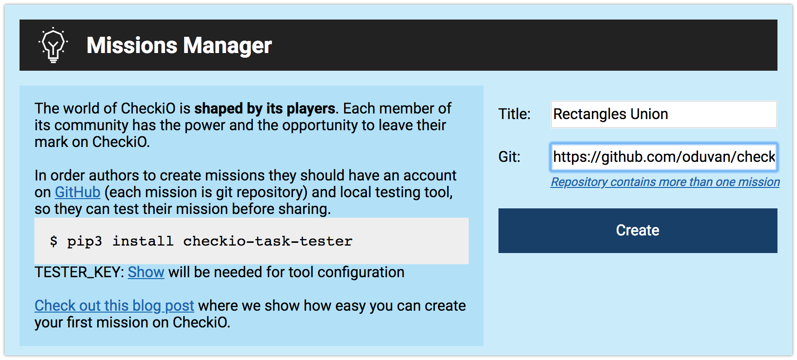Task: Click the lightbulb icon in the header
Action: pyautogui.click(x=53, y=45)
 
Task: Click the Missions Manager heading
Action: pyautogui.click(x=179, y=46)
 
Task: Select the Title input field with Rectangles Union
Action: pyautogui.click(x=664, y=114)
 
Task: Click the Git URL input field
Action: pyautogui.click(x=664, y=157)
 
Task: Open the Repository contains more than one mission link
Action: pyautogui.click(x=665, y=182)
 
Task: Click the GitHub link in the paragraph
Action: pyautogui.click(x=78, y=192)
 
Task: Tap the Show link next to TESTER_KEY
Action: pyautogui.click(x=146, y=272)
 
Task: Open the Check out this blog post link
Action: pyautogui.click(x=114, y=306)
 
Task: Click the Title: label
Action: pyautogui.click(x=514, y=114)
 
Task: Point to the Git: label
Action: pyautogui.click(x=509, y=157)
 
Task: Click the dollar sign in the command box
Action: pyautogui.click(x=53, y=241)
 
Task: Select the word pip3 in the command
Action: pyautogui.click(x=84, y=241)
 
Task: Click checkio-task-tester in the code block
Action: pyautogui.click(x=267, y=241)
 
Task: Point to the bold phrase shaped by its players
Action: pyautogui.click(x=265, y=108)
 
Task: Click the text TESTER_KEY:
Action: pyautogui.click(x=80, y=272)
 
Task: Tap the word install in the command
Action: pyautogui.click(x=143, y=241)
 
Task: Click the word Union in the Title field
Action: pyautogui.click(x=649, y=114)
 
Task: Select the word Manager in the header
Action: pyautogui.click(x=227, y=46)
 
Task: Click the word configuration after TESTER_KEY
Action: pyautogui.click(x=361, y=273)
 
